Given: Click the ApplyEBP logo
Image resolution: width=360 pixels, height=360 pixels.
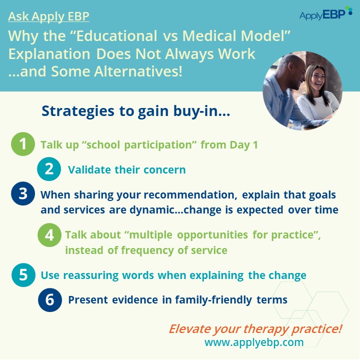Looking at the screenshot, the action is coord(326,13).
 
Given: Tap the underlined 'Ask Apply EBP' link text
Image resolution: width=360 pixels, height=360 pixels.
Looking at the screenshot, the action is coord(48,16).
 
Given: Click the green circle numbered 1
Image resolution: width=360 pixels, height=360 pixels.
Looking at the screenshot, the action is coord(23,144).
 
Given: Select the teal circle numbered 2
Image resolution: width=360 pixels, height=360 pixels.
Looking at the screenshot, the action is coord(49,169).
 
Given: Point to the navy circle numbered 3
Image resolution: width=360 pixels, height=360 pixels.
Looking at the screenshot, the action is coord(23,193).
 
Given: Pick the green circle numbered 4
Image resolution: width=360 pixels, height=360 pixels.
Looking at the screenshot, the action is coord(49,235).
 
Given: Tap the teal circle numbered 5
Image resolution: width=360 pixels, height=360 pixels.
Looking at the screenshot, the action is coord(23,275).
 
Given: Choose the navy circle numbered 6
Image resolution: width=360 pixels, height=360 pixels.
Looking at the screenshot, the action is coord(50,300).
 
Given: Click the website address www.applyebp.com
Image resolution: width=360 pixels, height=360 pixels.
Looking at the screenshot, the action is coord(254,342).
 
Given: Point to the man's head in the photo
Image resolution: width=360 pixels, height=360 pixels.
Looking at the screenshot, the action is coord(291,71).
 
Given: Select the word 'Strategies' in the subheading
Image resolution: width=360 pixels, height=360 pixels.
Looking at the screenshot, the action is coord(78,111).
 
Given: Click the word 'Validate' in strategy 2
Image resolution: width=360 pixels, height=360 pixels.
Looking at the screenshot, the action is coord(89,170).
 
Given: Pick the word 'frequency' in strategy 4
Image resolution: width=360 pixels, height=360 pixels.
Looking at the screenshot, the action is coord(147,250).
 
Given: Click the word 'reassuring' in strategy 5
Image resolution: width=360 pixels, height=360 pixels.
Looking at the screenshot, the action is coord(90,275).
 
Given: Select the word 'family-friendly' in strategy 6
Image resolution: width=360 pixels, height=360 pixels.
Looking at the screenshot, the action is coord(213,300).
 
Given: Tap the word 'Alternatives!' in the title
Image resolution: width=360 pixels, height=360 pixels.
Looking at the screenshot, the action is coord(138,71).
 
